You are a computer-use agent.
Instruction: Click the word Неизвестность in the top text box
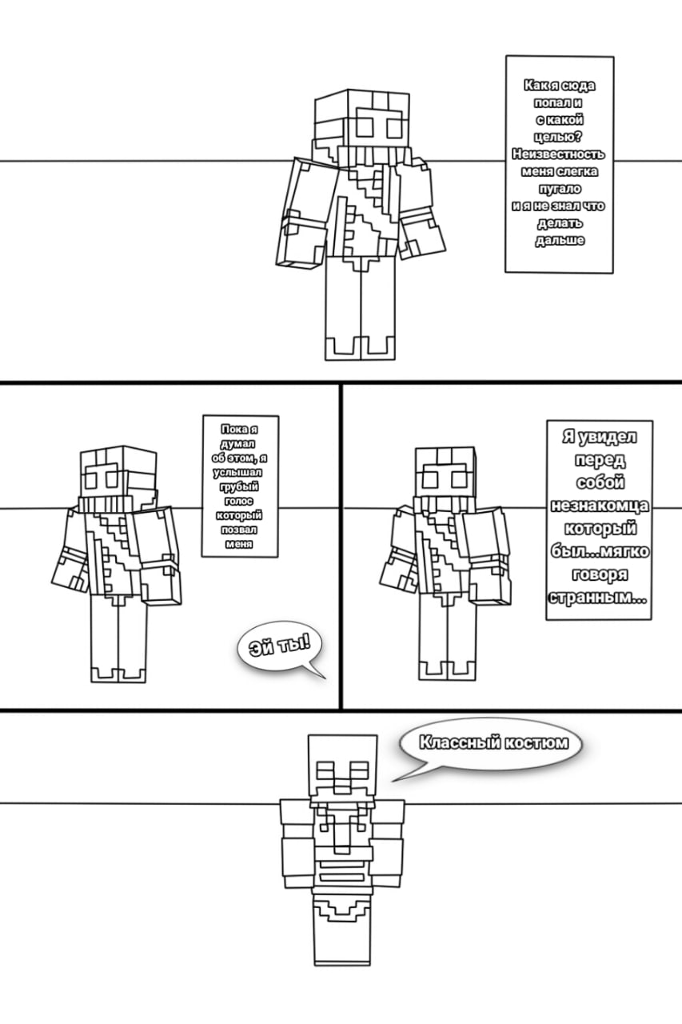(558, 154)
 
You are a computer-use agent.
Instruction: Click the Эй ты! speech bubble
(280, 649)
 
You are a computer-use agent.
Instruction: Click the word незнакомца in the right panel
(600, 506)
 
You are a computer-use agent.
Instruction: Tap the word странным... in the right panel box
(598, 598)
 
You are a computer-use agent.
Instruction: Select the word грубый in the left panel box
(239, 487)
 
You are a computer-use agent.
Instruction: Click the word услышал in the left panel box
(238, 473)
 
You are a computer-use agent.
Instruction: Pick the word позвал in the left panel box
(239, 530)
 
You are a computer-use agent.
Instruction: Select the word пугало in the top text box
(560, 189)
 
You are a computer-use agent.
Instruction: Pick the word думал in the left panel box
(238, 444)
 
